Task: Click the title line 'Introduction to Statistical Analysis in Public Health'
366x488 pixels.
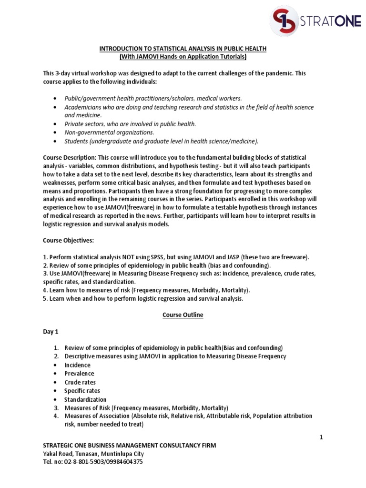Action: pos(183,49)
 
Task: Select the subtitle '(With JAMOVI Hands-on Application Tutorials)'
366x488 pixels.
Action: pos(183,57)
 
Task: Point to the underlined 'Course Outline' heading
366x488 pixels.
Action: pos(183,315)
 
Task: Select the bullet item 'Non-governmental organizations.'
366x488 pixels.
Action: pos(109,132)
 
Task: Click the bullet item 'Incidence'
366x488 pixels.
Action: pos(77,365)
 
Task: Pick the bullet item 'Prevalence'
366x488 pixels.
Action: pos(79,374)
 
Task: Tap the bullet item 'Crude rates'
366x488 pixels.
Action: pos(80,382)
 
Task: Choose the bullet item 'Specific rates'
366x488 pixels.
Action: pos(82,391)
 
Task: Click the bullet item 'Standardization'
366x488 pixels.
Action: pos(85,399)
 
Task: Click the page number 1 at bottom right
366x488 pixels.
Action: pos(321,437)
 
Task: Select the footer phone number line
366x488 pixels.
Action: pos(92,462)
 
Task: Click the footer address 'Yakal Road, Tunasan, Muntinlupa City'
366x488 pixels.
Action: pos(93,454)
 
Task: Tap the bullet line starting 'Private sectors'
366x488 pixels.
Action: pos(130,124)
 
